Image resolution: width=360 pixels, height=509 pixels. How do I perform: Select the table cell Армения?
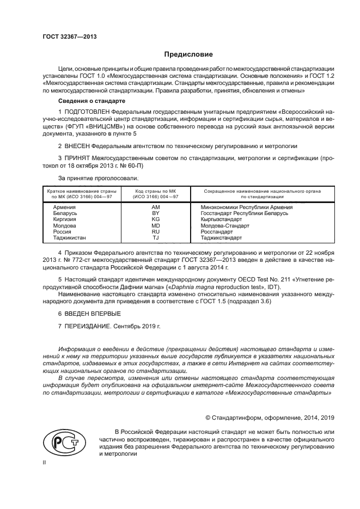coord(64,207)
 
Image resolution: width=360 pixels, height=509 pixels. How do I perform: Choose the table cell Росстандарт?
coord(216,231)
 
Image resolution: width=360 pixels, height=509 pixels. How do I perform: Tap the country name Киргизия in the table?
coord(64,219)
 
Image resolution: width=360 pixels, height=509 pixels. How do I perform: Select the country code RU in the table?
coord(155,231)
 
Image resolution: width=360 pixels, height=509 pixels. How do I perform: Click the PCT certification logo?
coord(62,440)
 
